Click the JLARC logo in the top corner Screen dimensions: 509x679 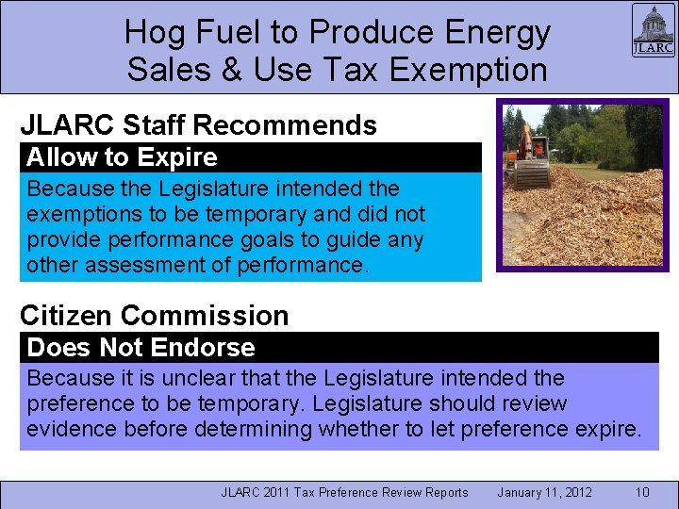point(653,32)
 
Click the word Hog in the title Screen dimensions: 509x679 point(155,33)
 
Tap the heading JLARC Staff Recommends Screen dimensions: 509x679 point(198,125)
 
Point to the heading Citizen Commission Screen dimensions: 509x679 point(154,315)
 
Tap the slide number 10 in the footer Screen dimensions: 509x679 point(641,492)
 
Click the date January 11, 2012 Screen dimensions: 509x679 point(544,492)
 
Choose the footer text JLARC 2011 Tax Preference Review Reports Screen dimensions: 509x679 point(344,492)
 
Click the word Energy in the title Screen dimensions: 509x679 point(497,33)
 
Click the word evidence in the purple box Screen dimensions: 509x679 point(67,430)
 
